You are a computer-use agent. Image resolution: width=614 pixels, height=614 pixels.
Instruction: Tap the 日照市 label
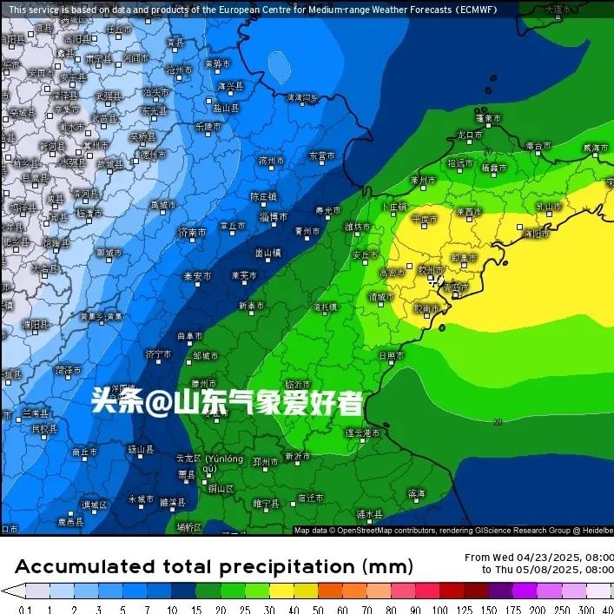point(392,355)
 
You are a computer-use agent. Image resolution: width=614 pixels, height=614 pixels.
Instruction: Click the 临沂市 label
point(298,384)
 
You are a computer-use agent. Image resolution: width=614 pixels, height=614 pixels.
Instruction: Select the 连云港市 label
point(362,432)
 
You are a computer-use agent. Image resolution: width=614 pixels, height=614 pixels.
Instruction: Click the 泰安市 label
point(197,276)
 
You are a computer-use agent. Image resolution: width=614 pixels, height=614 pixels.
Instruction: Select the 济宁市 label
point(160,354)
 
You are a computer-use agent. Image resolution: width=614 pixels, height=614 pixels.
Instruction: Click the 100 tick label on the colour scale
point(441,608)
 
